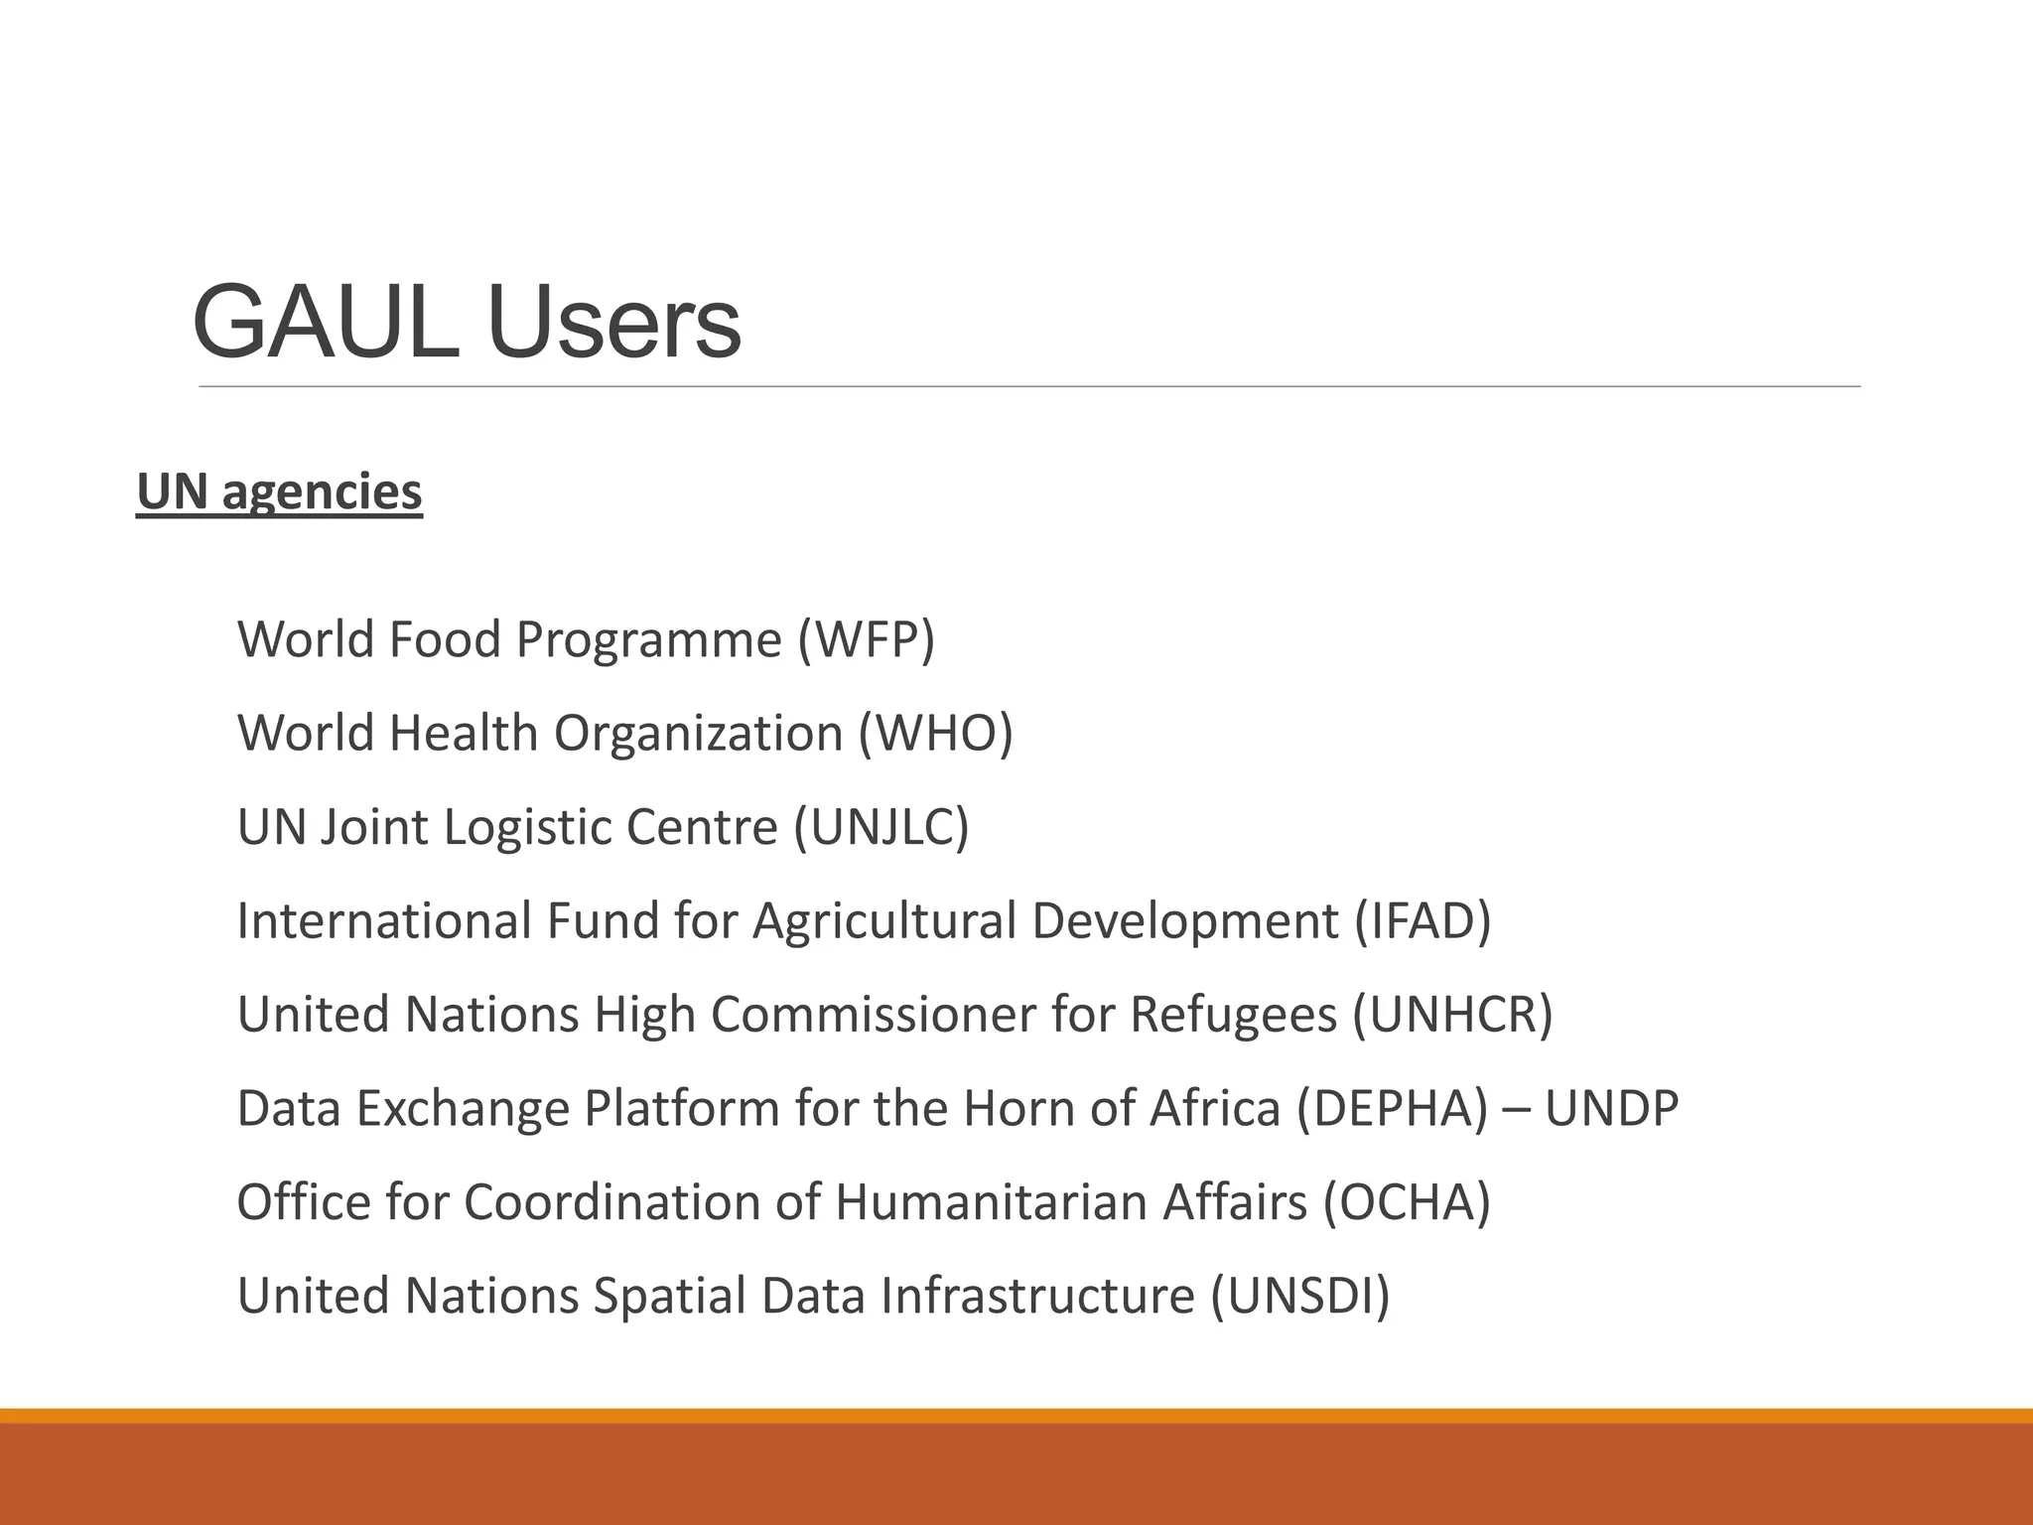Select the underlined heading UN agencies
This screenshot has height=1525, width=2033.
[279, 492]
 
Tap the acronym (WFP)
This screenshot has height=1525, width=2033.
[866, 639]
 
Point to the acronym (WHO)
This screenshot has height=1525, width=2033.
[935, 734]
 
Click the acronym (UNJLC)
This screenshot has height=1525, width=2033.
[881, 827]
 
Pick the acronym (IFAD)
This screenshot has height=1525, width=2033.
[1423, 920]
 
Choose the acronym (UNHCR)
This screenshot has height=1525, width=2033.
[1452, 1015]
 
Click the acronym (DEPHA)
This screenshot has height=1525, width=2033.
[1393, 1108]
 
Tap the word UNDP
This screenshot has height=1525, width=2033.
[1611, 1108]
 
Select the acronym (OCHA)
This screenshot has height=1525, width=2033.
[1407, 1202]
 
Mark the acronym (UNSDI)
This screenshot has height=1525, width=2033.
[1299, 1296]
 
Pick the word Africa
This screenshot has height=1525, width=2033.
[1215, 1108]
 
